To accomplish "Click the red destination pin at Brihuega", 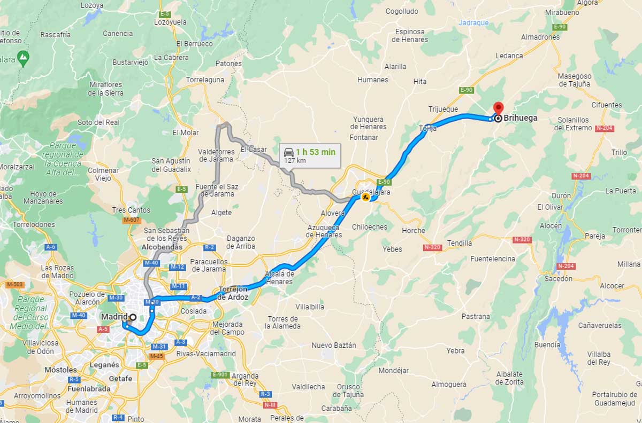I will pyautogui.click(x=498, y=107).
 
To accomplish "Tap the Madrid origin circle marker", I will pyautogui.click(x=133, y=317).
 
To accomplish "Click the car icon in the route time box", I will pyautogui.click(x=288, y=152).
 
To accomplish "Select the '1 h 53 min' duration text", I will pyautogui.click(x=316, y=152).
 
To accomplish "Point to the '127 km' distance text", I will pyautogui.click(x=294, y=161).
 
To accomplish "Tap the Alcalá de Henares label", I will pyautogui.click(x=279, y=278).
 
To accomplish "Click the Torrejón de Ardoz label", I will pyautogui.click(x=233, y=293).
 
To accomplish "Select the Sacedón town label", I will pyautogui.click(x=558, y=278).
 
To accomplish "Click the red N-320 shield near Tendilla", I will pyautogui.click(x=432, y=247).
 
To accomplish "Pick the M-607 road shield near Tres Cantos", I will pyautogui.click(x=132, y=220).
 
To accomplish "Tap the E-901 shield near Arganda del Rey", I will pyautogui.click(x=220, y=374).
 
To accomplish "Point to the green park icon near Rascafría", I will pyautogui.click(x=23, y=56).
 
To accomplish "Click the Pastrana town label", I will pyautogui.click(x=475, y=316).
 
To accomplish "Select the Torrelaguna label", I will pyautogui.click(x=205, y=80).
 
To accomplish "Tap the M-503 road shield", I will pyautogui.click(x=14, y=285).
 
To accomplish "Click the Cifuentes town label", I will pyautogui.click(x=607, y=105).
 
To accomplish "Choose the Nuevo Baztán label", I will pyautogui.click(x=333, y=345).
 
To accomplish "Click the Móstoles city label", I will pyautogui.click(x=60, y=370).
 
